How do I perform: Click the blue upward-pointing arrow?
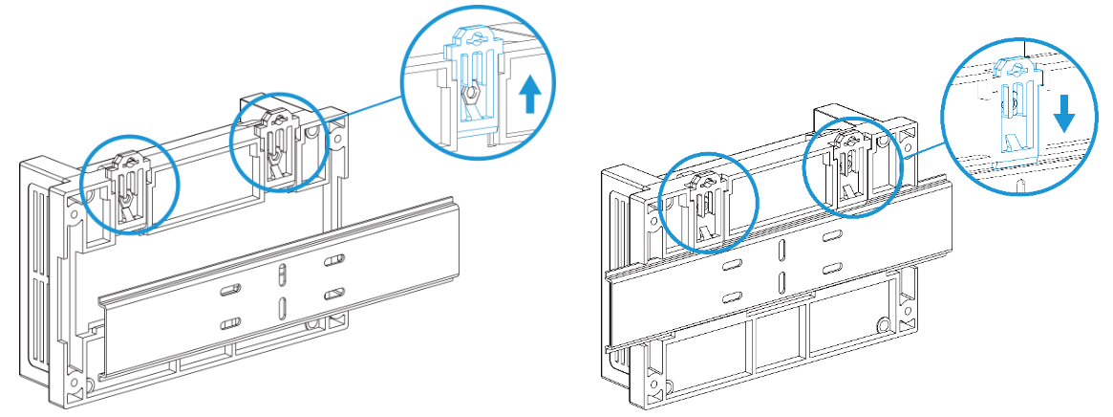click(x=532, y=96)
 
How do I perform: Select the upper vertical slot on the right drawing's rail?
click(x=781, y=250)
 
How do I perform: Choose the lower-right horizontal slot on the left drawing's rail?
click(x=333, y=292)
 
